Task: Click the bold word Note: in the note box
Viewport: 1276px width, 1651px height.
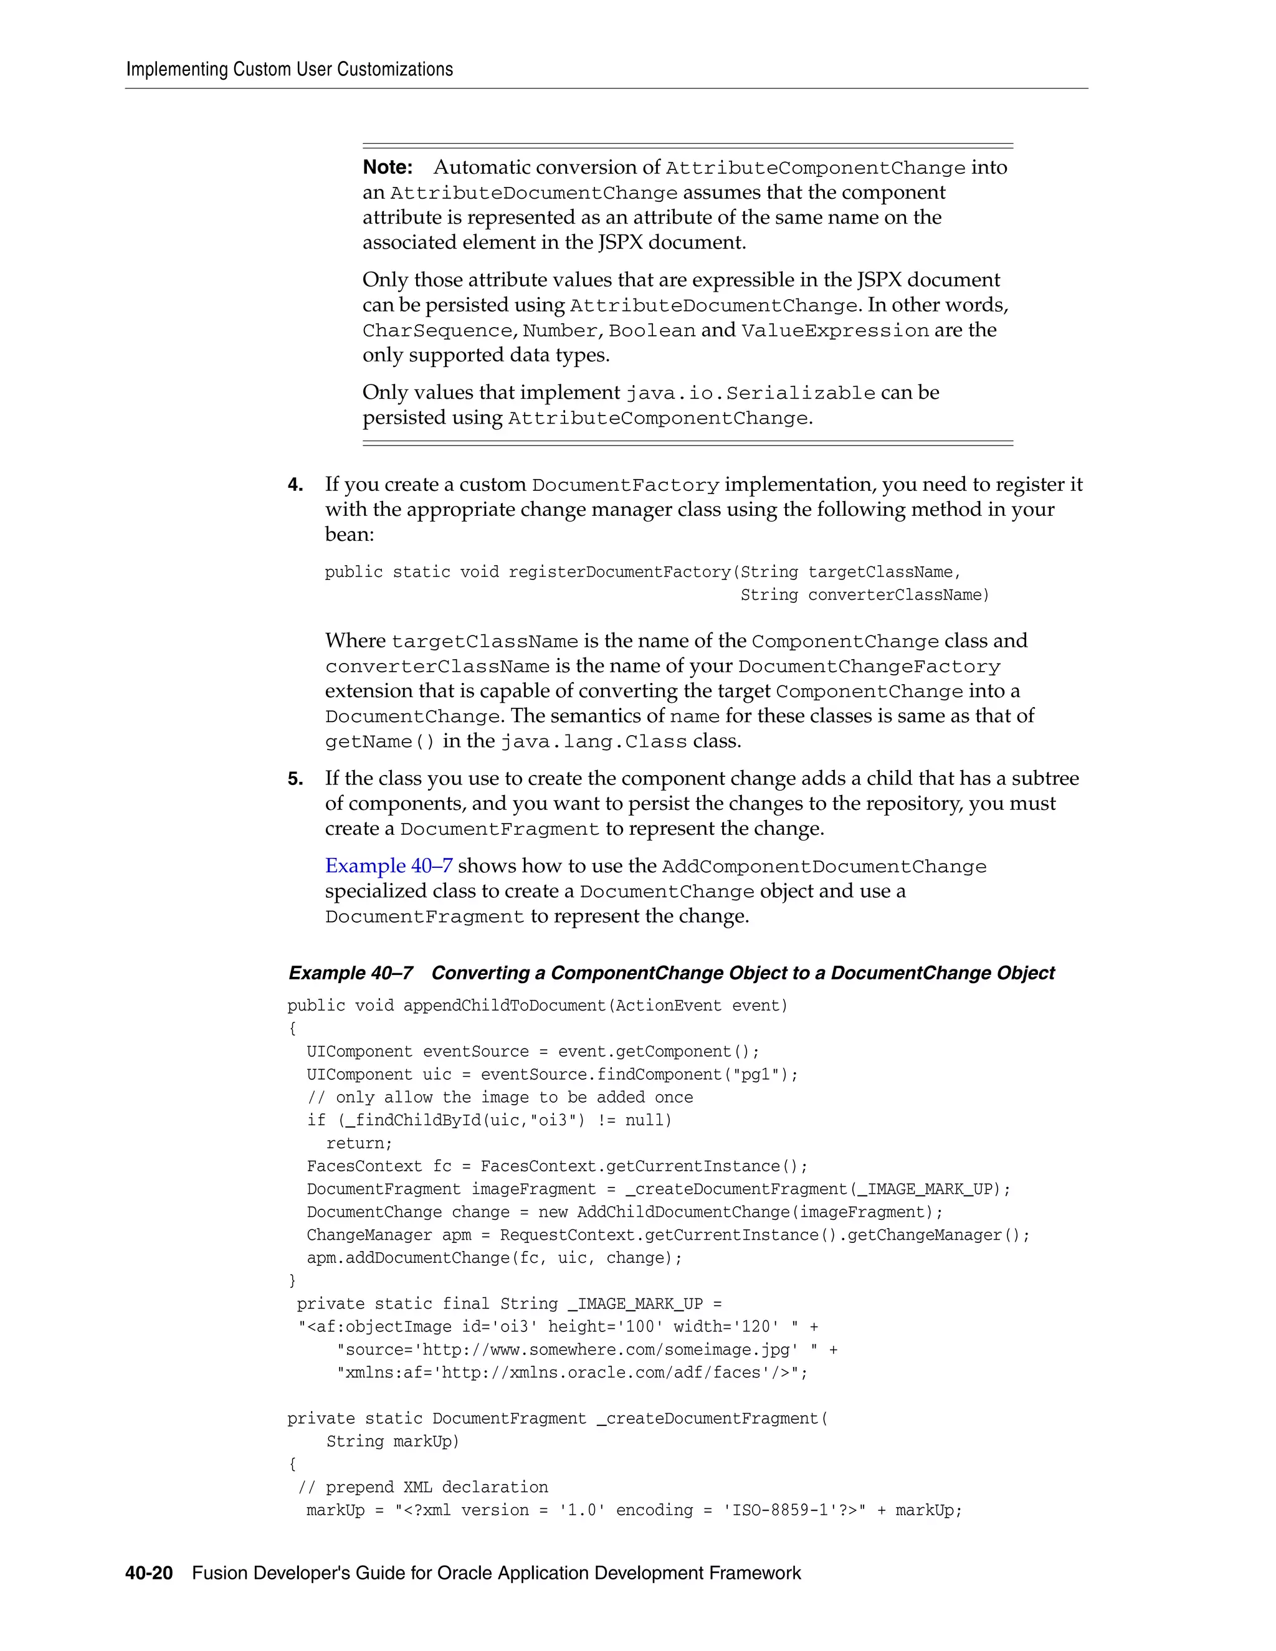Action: point(387,167)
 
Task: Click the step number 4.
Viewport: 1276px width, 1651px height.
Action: point(295,485)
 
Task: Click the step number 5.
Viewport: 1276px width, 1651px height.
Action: point(295,779)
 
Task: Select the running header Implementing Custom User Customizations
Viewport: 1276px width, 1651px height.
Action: point(290,70)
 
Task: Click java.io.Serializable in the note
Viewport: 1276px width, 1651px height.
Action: point(750,393)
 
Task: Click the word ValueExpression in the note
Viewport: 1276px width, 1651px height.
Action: point(834,330)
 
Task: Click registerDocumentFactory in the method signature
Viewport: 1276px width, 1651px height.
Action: point(620,573)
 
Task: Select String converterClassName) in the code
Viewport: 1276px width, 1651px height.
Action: point(864,595)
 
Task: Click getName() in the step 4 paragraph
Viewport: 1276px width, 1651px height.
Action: point(380,741)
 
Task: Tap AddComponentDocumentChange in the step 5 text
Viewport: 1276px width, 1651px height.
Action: point(824,867)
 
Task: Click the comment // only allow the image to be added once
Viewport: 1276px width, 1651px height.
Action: point(500,1097)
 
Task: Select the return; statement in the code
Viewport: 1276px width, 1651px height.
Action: point(359,1143)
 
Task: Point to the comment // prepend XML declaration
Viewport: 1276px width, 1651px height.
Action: point(423,1487)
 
